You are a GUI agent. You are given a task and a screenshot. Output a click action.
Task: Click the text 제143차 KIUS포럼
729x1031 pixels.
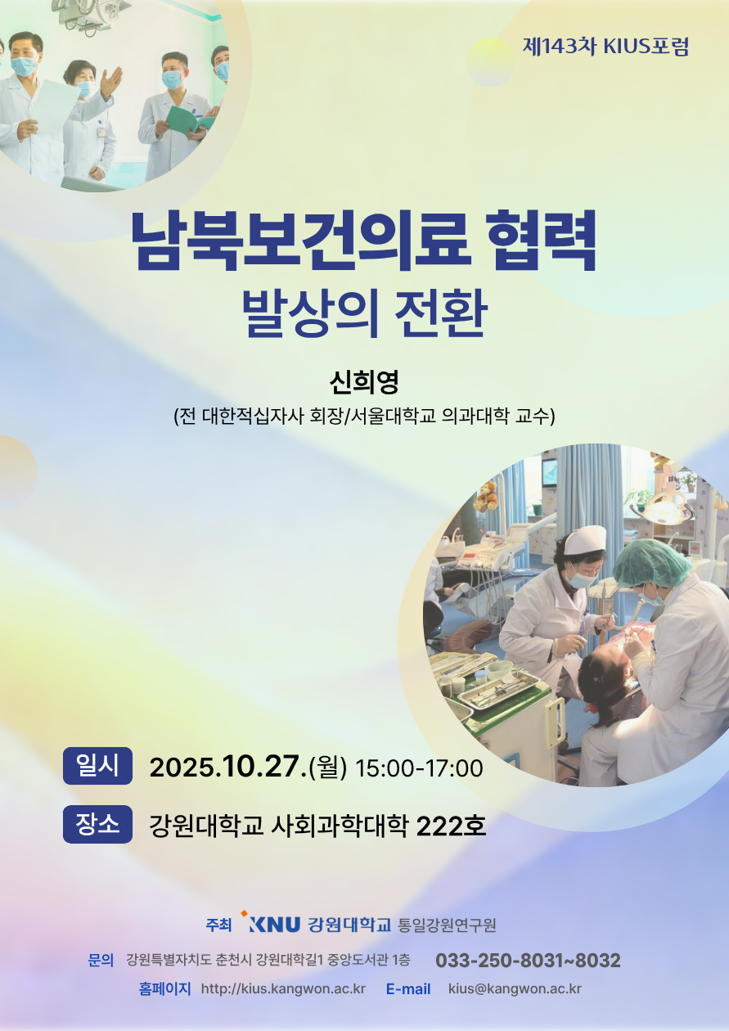pyautogui.click(x=605, y=47)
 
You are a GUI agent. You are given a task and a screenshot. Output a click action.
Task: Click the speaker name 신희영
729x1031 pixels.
pyautogui.click(x=364, y=382)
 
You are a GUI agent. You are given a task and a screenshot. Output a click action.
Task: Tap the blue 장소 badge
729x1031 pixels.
pyautogui.click(x=97, y=824)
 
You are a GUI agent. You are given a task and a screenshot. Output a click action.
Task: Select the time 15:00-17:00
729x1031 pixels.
pyautogui.click(x=419, y=768)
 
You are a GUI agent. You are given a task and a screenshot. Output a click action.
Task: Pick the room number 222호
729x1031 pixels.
pyautogui.click(x=451, y=826)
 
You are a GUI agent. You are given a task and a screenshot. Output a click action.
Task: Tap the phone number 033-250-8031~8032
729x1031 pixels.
pyautogui.click(x=528, y=960)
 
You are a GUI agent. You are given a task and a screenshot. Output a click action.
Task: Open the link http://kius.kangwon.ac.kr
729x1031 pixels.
pyautogui.click(x=283, y=988)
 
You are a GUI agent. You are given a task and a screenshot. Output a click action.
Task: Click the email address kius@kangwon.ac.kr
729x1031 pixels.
pyautogui.click(x=515, y=988)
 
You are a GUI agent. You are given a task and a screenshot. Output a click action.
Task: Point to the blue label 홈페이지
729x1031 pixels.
pyautogui.click(x=164, y=988)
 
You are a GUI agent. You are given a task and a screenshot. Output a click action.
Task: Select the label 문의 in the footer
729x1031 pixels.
pyautogui.click(x=101, y=960)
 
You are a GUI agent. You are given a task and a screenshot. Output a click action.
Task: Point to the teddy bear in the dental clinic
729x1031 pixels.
pyautogui.click(x=487, y=495)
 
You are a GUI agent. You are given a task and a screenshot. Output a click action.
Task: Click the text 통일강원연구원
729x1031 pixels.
pyautogui.click(x=447, y=925)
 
